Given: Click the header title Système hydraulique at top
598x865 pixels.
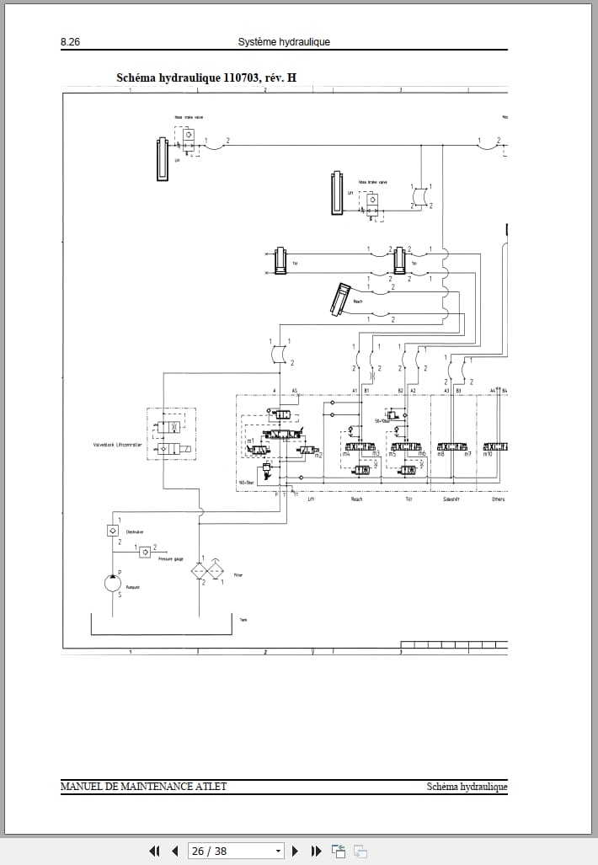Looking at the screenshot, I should coord(284,42).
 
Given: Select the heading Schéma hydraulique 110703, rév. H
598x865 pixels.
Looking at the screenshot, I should coord(206,78).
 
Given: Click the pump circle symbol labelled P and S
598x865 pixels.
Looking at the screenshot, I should coord(112,582).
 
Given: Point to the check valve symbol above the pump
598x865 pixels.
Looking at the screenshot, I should coord(112,531).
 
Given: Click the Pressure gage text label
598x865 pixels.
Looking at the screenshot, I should coord(171,558).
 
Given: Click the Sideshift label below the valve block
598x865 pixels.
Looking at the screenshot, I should coord(451,499).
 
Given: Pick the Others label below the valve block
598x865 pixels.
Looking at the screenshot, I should coord(497,499).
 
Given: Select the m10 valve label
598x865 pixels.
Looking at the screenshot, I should coord(487,455).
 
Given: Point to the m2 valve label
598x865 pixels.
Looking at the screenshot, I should coord(318,456).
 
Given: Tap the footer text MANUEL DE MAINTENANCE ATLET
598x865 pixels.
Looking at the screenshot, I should coord(143,787).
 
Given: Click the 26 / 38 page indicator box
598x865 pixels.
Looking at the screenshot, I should coord(236,851).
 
